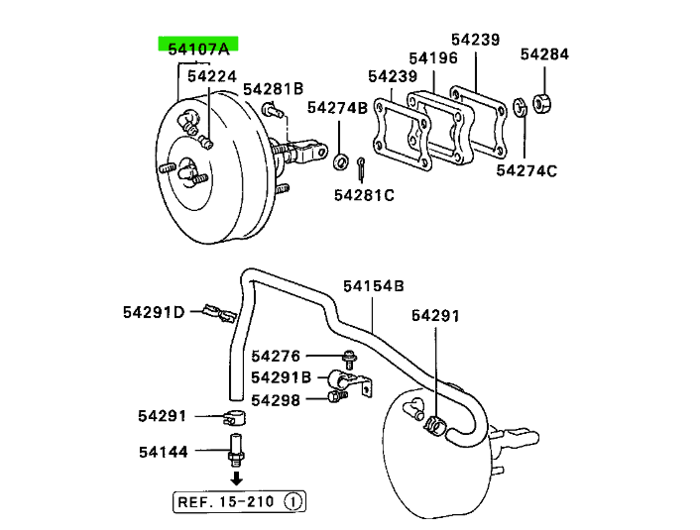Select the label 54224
[212, 76]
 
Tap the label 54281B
[274, 89]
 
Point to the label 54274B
[337, 108]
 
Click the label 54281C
[364, 195]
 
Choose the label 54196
[433, 58]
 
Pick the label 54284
[544, 53]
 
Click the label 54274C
[526, 170]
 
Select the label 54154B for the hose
[374, 286]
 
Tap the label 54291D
[154, 312]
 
